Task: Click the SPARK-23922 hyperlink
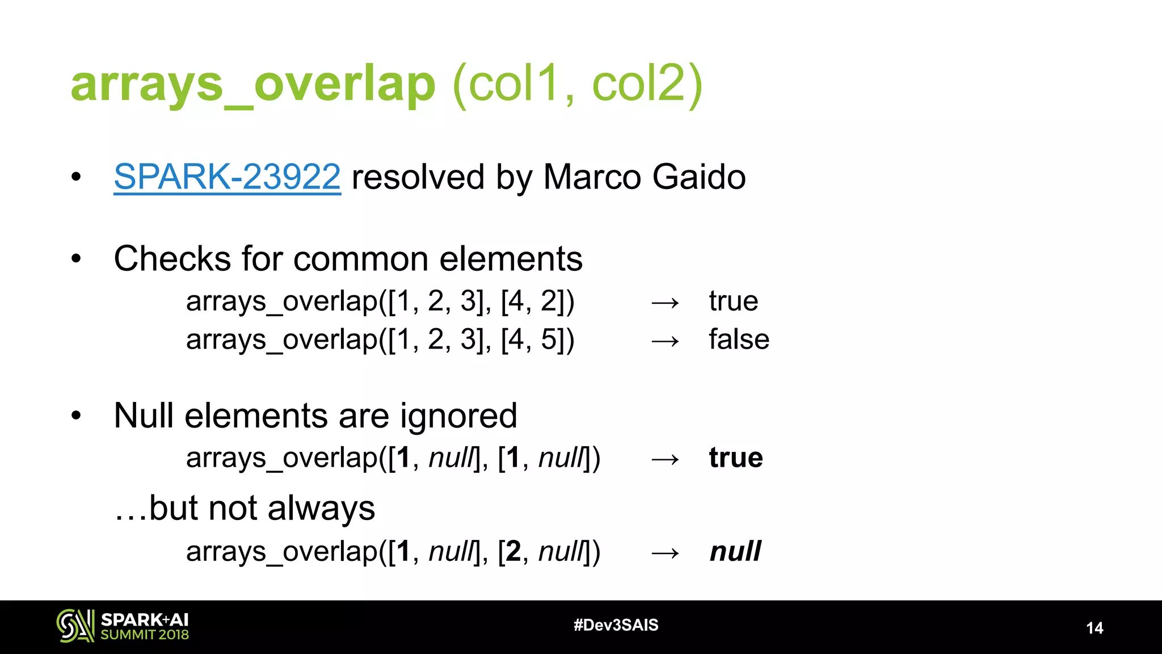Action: tap(227, 177)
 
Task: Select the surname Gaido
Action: tap(699, 177)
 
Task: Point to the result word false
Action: tap(739, 339)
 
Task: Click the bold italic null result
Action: tap(735, 551)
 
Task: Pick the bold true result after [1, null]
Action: tap(736, 458)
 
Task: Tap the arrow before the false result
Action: tap(665, 341)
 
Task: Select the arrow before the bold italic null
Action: tap(665, 553)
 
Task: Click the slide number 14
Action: tap(1094, 628)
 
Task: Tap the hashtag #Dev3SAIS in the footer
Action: tap(616, 625)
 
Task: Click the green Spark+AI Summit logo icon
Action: tap(75, 626)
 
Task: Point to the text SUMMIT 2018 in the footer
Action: tap(145, 635)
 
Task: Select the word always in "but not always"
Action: tap(321, 508)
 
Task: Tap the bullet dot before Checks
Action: tap(77, 259)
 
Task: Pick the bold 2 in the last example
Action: tap(513, 551)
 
